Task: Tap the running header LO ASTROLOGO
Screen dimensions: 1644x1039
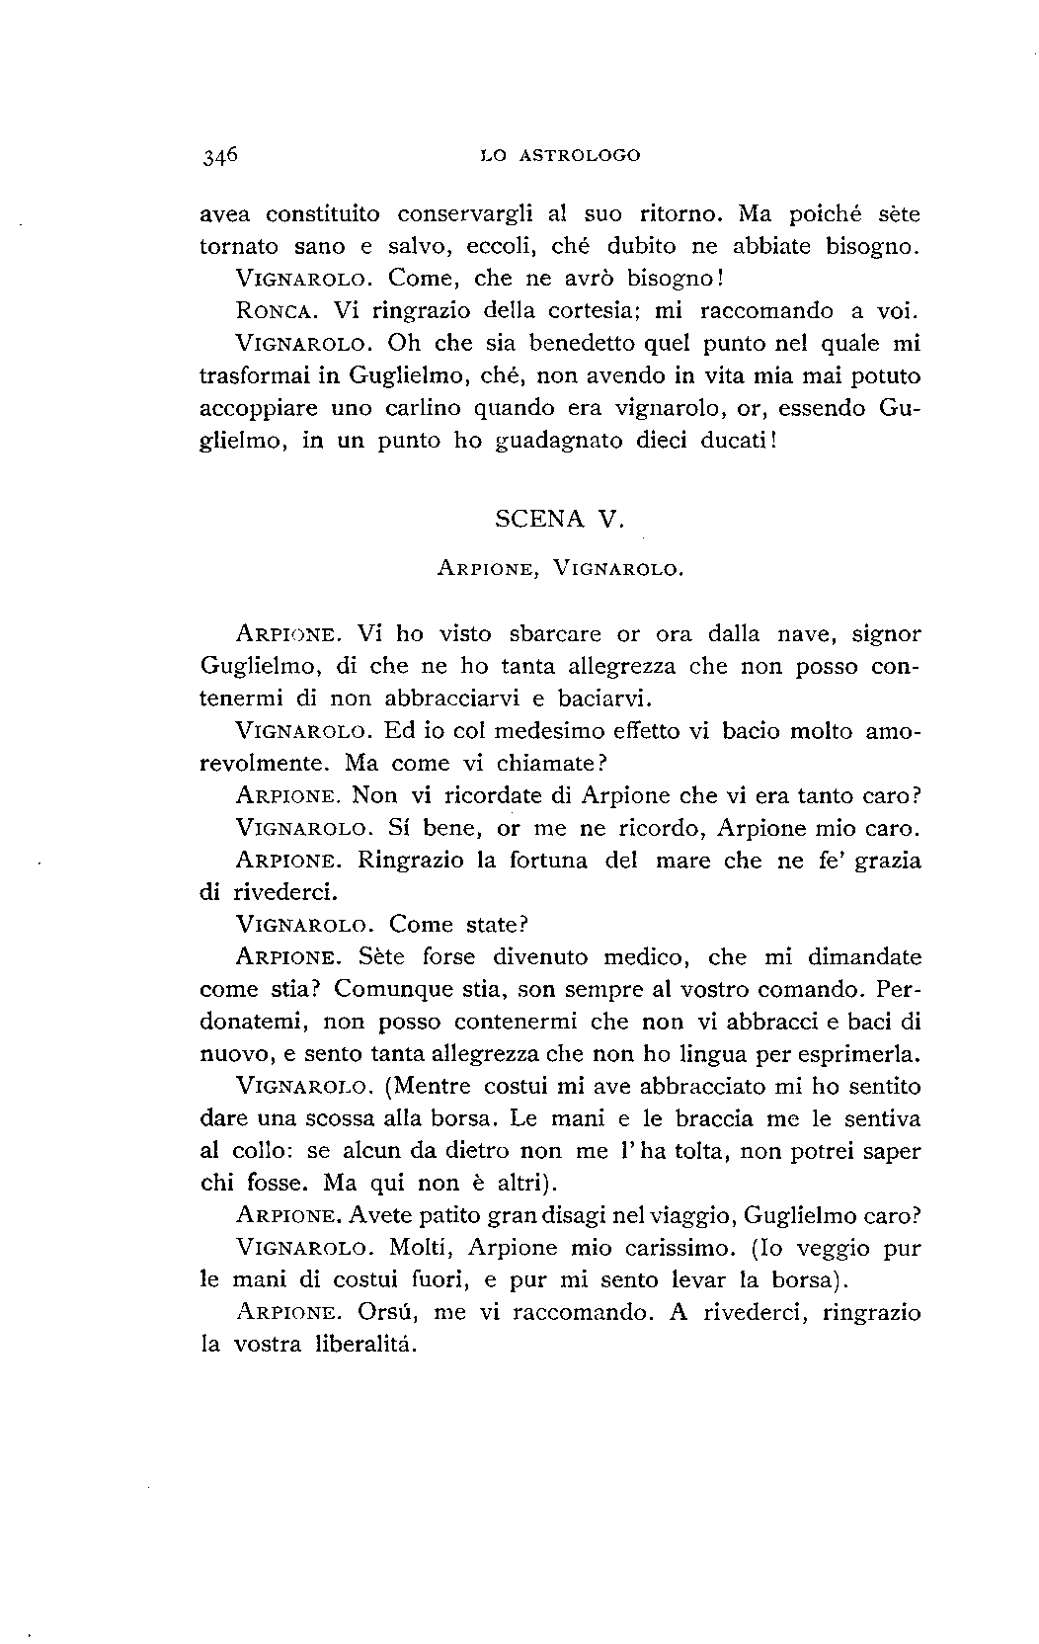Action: [x=559, y=155]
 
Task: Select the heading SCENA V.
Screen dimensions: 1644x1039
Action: [x=559, y=521]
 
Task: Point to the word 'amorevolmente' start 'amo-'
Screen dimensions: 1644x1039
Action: [x=893, y=731]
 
